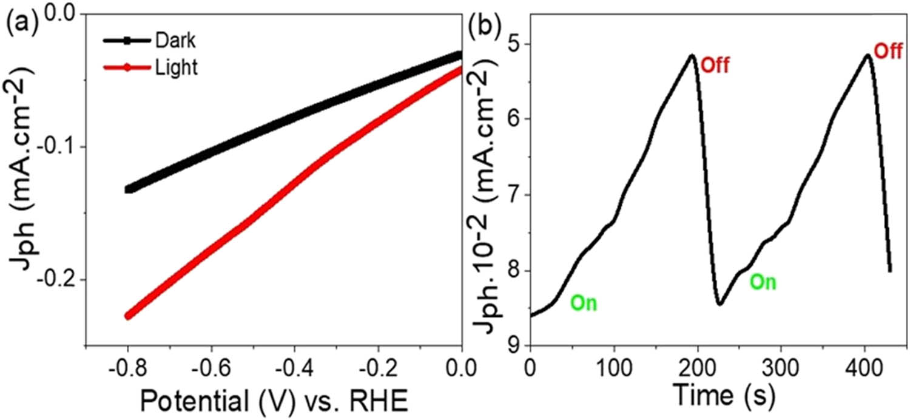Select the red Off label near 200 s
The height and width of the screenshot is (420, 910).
click(714, 64)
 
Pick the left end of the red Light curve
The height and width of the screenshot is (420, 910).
click(128, 316)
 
